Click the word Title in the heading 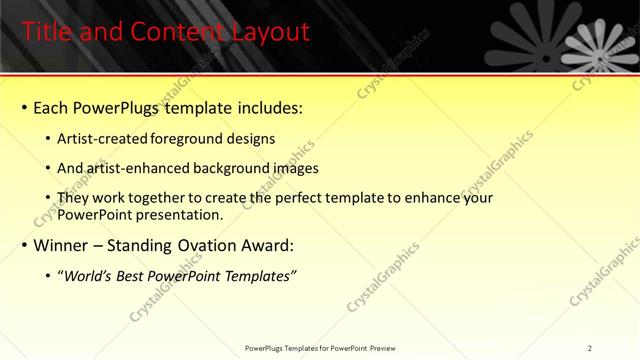click(47, 32)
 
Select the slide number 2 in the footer click(590, 347)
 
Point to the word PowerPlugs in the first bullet click(119, 106)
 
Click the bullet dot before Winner click(24, 245)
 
